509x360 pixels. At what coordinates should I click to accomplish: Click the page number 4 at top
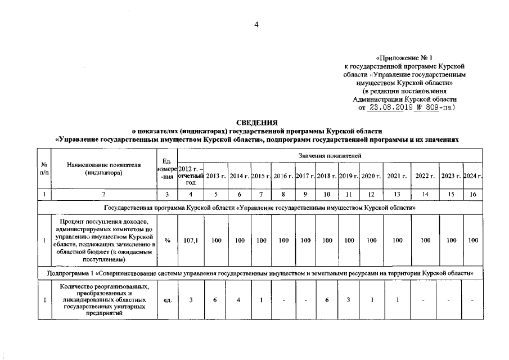(x=256, y=24)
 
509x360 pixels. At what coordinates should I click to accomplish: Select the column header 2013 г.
(x=215, y=176)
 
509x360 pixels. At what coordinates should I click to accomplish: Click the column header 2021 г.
(x=397, y=176)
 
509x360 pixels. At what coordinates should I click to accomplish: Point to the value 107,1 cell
(x=191, y=240)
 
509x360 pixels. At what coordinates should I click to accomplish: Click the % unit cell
(x=167, y=240)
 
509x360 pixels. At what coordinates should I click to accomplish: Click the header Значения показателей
(x=330, y=155)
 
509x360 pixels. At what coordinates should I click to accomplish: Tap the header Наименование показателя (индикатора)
(x=103, y=169)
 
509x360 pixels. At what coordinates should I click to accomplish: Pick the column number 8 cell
(x=283, y=194)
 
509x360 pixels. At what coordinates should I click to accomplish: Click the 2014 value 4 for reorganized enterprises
(x=239, y=300)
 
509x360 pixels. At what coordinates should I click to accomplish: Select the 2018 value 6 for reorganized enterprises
(x=327, y=300)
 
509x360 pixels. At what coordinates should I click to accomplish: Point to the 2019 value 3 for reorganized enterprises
(x=349, y=300)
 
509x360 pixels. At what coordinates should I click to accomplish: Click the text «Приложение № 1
(x=404, y=58)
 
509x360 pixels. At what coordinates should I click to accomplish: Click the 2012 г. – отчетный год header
(x=191, y=176)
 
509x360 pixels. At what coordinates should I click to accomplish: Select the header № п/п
(x=44, y=169)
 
